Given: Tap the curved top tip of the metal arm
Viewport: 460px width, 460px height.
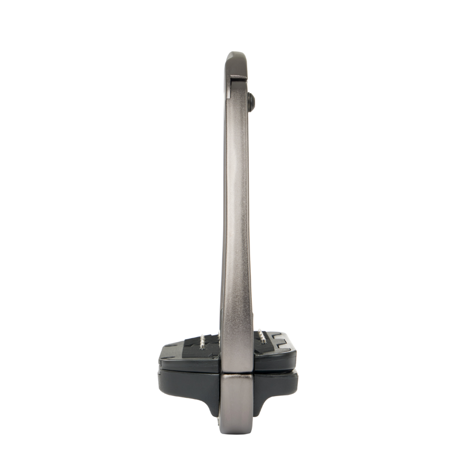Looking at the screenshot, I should tap(236, 55).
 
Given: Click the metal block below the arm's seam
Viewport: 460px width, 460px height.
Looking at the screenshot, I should tap(237, 397).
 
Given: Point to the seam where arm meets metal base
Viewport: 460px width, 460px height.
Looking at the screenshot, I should tap(237, 373).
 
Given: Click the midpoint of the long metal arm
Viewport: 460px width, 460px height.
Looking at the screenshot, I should tap(237, 213).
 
